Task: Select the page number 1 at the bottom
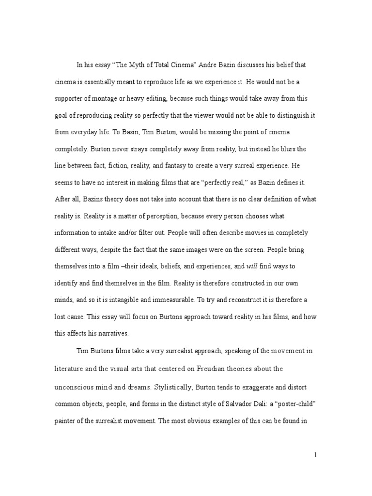pyautogui.click(x=315, y=455)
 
